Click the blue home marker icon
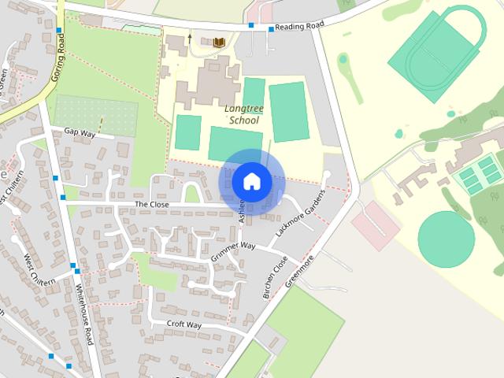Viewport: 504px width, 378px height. (250, 181)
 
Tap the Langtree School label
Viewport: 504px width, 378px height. (243, 115)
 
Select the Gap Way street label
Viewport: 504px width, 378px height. (80, 133)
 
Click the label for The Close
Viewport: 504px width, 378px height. (151, 204)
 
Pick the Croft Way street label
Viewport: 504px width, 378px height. (183, 324)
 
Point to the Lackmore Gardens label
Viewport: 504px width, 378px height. (300, 214)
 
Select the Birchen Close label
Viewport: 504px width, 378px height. (271, 277)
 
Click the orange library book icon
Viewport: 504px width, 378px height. (219, 41)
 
